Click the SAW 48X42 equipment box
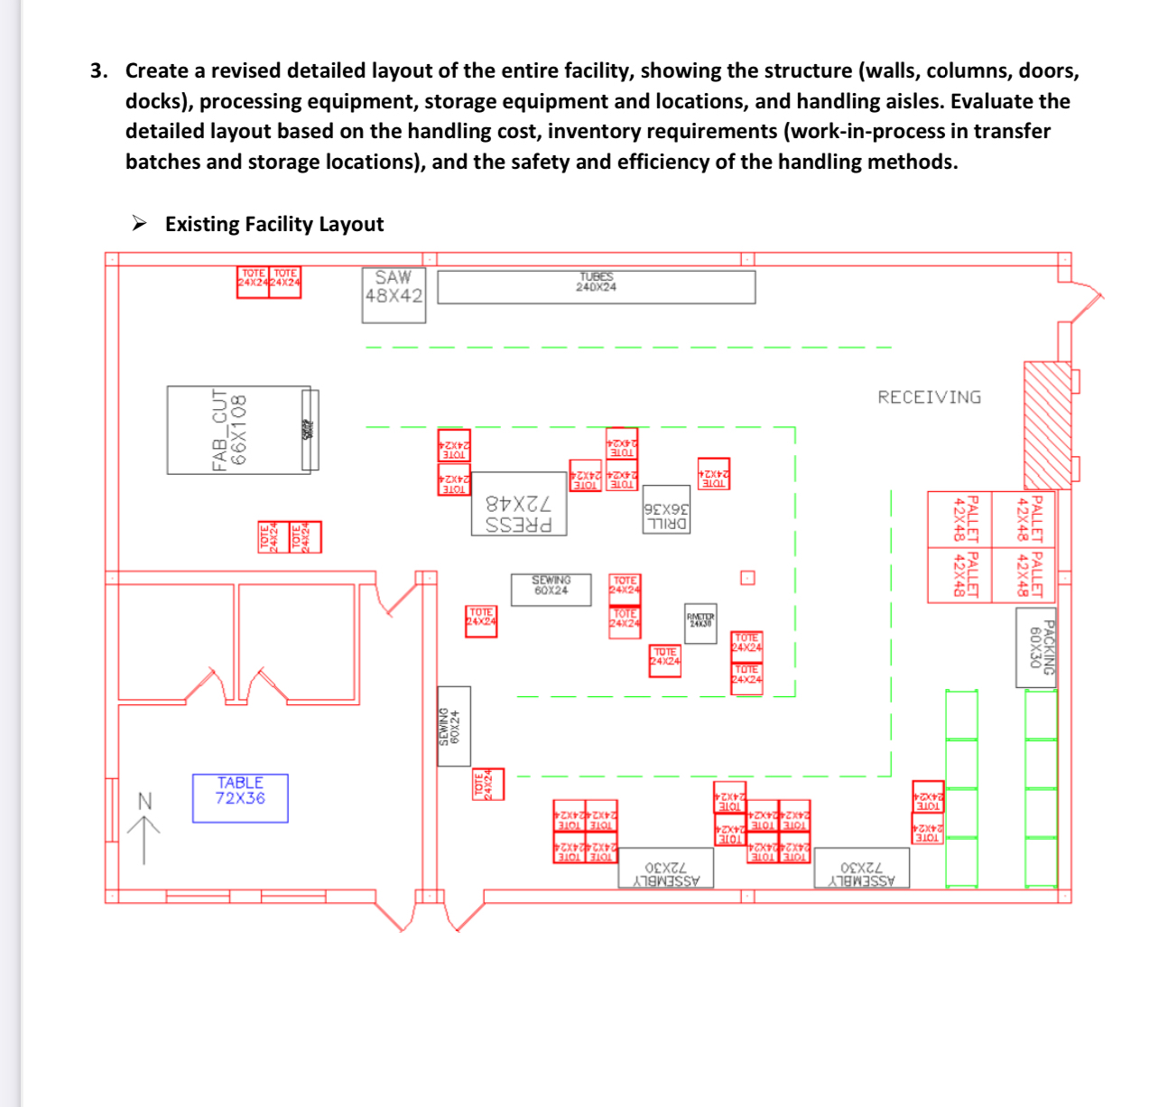coord(394,294)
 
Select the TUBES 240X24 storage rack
coord(596,287)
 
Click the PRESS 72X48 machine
coord(519,504)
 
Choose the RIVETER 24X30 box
coord(700,624)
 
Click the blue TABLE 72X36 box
coord(240,798)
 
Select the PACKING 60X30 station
coord(1036,647)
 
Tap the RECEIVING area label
coord(929,397)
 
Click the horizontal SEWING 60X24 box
coord(552,590)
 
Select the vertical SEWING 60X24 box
coord(454,726)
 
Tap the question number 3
coord(98,70)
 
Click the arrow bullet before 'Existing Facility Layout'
coord(140,223)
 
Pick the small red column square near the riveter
coord(747,578)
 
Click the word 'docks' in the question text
coord(157,101)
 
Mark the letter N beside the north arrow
coord(144,801)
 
